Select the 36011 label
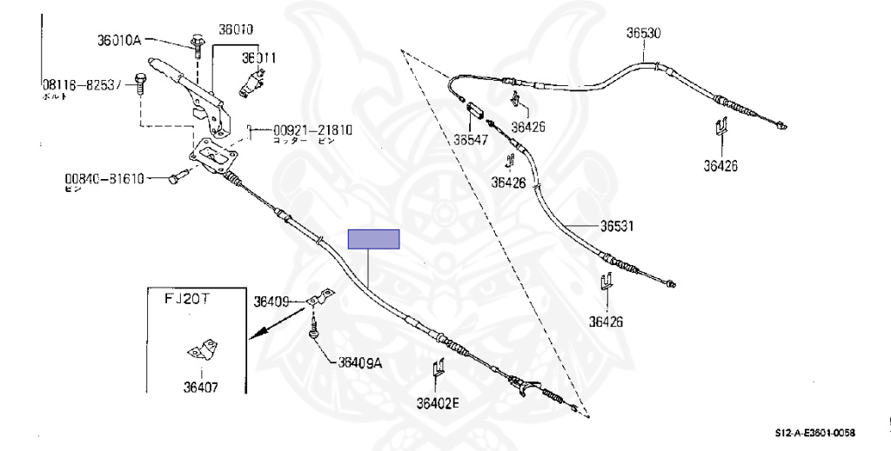259,59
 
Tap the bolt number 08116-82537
84,86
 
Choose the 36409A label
360,363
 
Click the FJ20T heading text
190,298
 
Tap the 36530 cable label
644,34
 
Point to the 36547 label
471,137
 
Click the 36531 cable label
616,226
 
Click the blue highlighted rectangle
373,239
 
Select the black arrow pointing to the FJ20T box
271,328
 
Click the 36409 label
271,302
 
